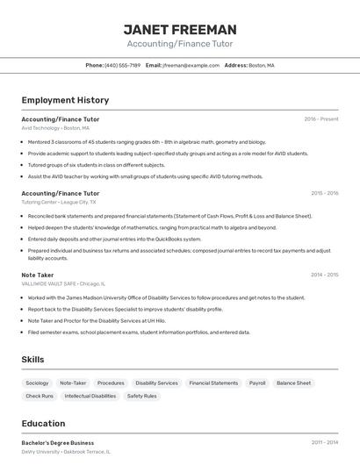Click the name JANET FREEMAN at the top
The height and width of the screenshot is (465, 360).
(x=180, y=29)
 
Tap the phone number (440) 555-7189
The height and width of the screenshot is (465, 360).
(x=122, y=65)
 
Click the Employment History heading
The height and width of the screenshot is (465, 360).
(x=65, y=100)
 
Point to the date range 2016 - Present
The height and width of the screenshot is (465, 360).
(x=321, y=118)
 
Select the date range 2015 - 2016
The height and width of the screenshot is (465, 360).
(x=324, y=193)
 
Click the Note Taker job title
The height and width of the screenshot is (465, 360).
(x=38, y=275)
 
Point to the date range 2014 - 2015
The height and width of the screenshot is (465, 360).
(x=324, y=275)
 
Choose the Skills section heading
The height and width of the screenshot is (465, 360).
(x=33, y=360)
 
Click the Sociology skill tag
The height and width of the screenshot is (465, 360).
(x=37, y=383)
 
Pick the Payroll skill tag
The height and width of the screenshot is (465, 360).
(x=257, y=383)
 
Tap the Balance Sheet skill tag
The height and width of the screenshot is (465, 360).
(x=293, y=383)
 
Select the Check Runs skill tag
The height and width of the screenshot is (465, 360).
(x=40, y=396)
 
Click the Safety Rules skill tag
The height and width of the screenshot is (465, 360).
(x=142, y=396)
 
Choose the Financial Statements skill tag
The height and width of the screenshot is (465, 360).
(x=213, y=383)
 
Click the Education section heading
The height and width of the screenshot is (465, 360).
(x=43, y=423)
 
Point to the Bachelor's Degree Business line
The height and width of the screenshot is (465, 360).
(x=58, y=443)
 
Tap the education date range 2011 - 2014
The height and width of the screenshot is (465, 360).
(x=324, y=443)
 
